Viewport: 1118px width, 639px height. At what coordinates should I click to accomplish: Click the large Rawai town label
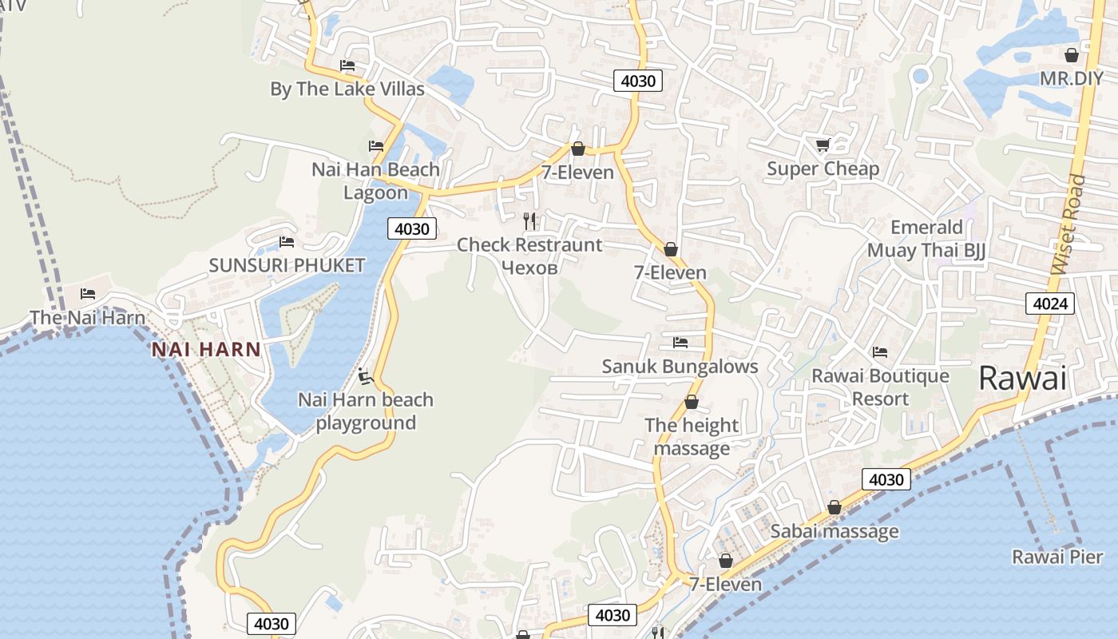tap(1022, 379)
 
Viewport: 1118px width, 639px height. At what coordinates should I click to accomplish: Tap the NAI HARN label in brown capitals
tap(206, 349)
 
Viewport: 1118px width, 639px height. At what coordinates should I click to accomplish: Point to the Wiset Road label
tap(1069, 225)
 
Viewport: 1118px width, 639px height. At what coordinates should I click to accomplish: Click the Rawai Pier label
tap(1057, 557)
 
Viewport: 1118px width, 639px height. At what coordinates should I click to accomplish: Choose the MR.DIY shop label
tap(1071, 78)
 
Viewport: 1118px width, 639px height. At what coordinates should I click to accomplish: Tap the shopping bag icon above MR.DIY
tap(1071, 55)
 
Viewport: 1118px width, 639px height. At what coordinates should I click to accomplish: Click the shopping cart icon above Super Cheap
tap(823, 145)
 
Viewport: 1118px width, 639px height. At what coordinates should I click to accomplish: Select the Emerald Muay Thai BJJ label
tap(926, 239)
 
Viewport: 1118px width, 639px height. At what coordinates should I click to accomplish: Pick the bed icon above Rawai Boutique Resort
tap(880, 351)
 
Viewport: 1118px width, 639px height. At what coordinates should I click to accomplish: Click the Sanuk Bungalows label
tap(680, 367)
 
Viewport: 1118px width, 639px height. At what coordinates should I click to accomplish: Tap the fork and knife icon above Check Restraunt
tap(529, 220)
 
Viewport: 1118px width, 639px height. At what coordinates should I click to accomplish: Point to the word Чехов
tap(529, 267)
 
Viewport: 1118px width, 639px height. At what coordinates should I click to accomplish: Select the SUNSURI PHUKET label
tap(287, 265)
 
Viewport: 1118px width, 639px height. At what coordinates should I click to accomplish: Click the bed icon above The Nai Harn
tap(88, 294)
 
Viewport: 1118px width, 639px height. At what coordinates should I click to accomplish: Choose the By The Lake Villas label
tap(347, 89)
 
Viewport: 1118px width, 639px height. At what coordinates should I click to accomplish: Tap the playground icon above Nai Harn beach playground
tap(365, 375)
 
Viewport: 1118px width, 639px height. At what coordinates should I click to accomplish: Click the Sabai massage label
tap(834, 531)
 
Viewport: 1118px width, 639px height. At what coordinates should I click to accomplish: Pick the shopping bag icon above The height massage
tap(692, 402)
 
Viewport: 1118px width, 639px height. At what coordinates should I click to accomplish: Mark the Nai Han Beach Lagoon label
tap(375, 181)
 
